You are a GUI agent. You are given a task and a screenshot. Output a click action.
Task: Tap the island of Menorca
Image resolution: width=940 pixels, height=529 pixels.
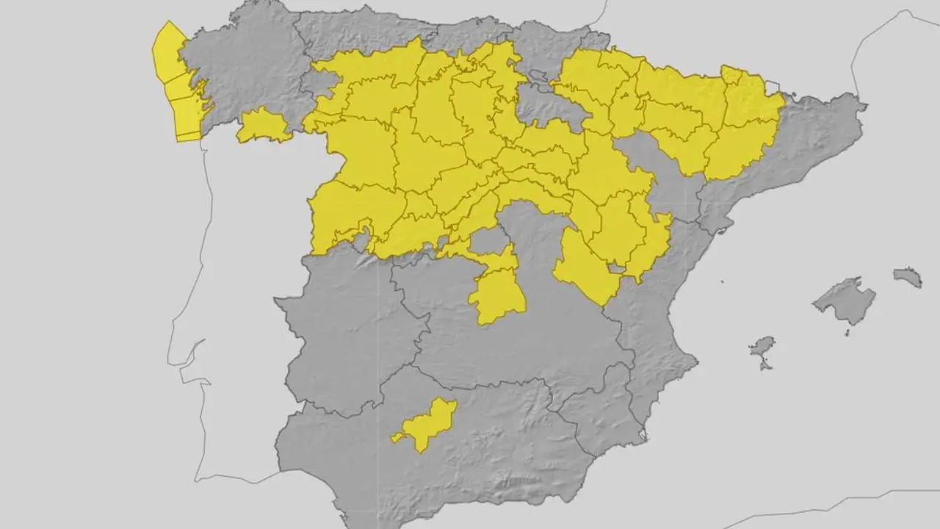click(x=908, y=276)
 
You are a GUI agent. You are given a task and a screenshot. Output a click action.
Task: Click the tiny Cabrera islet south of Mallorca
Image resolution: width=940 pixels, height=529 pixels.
click(x=847, y=332)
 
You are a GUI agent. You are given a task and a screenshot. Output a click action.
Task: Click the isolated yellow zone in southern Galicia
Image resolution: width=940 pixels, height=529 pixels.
click(x=263, y=126)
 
